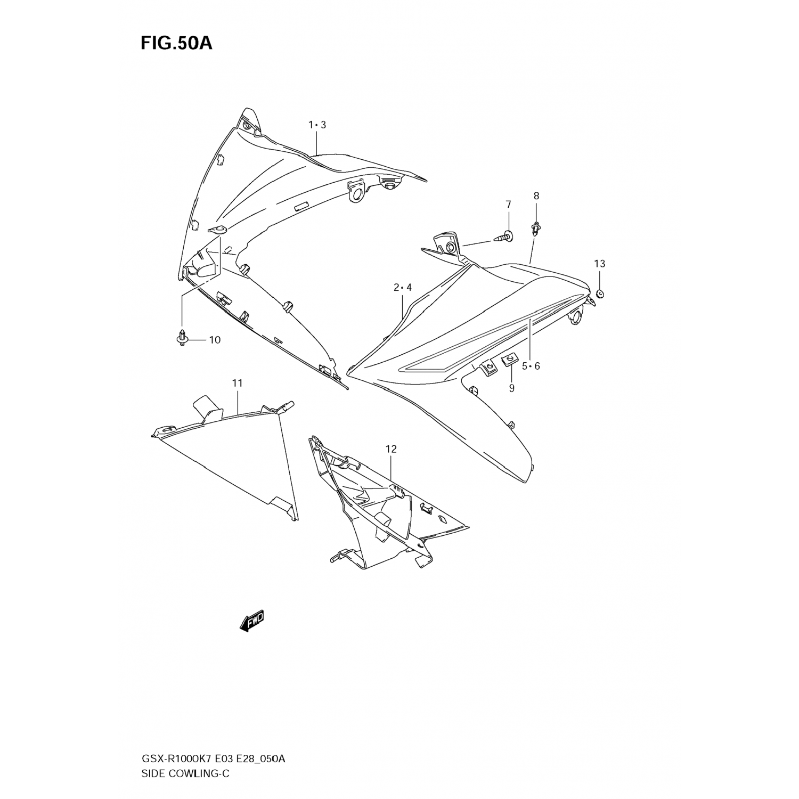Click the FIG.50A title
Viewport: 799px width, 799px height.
(x=176, y=43)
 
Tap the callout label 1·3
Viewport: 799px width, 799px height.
(x=317, y=125)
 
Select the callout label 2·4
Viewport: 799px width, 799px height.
(x=403, y=288)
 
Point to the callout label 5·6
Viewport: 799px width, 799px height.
(x=531, y=366)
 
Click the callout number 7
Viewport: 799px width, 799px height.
(x=508, y=205)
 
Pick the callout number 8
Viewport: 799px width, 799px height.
(x=536, y=195)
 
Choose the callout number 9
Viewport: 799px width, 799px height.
(x=511, y=388)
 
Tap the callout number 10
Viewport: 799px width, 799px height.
(x=214, y=340)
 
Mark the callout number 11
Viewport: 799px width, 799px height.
(x=237, y=383)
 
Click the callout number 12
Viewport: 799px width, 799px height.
(x=391, y=449)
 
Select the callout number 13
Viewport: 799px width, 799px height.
(x=600, y=264)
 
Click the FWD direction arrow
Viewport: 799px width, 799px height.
(x=251, y=621)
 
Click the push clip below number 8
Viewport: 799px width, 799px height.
(x=535, y=230)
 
